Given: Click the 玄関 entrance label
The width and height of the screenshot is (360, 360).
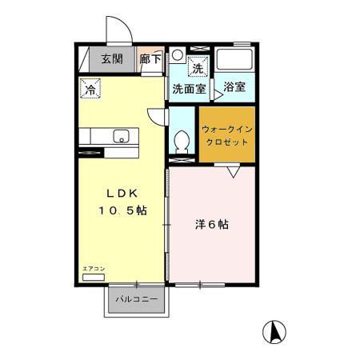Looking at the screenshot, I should (111, 58).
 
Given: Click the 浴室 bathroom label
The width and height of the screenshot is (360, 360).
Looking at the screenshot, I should (234, 86).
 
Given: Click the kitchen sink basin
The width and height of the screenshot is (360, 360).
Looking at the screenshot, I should (120, 134).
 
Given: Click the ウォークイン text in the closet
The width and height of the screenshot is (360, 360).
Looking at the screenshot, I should (227, 128).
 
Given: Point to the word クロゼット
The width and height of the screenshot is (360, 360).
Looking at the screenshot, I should (227, 141).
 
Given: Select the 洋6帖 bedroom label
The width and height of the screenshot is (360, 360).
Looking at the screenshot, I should (212, 225).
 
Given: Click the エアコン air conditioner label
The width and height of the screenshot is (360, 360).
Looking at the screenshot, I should (94, 270).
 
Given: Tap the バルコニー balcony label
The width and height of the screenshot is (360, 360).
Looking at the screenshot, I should (135, 298).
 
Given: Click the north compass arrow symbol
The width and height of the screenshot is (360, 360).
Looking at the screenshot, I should (274, 330).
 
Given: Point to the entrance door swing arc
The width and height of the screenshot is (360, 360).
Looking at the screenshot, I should (120, 30).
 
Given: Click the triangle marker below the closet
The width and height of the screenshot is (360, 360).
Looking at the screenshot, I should (233, 171).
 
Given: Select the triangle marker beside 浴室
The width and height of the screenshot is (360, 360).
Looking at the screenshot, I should (216, 94).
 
